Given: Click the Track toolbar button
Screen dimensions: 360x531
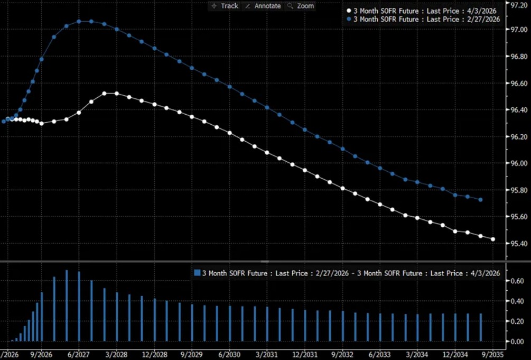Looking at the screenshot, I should [225, 6].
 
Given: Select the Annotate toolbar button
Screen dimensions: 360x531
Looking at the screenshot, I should [263, 6].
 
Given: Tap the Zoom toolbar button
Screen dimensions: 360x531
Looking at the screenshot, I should [301, 6].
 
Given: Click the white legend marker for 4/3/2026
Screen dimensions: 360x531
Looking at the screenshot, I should [348, 10].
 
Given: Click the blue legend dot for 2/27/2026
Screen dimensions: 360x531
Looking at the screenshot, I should [348, 19].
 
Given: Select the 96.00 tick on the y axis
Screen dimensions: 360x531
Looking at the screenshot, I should [515, 163].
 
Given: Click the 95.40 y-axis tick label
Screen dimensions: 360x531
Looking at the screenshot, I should [515, 244].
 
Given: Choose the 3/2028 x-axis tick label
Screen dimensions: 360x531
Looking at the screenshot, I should [117, 354].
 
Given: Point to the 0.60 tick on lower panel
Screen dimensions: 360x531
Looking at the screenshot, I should [513, 281].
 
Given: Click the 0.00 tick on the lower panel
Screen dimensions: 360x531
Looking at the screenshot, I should [513, 341].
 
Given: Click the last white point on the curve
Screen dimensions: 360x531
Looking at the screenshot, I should [493, 239].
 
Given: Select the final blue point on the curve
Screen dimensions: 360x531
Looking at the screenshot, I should [480, 200].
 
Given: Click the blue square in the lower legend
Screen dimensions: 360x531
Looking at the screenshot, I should [198, 273].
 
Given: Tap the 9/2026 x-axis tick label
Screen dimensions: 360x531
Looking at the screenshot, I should [41, 354].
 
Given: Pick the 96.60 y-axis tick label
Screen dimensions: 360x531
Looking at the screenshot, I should [515, 84].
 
